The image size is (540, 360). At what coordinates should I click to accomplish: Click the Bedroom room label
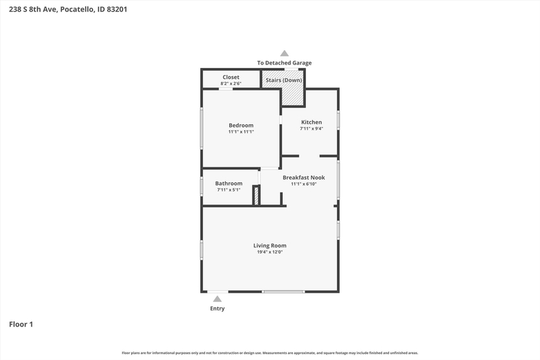click(x=241, y=125)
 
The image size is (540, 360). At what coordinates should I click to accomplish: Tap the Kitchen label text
click(x=312, y=122)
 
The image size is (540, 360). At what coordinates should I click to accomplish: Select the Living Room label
click(x=270, y=245)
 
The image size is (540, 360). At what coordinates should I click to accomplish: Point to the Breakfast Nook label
click(x=304, y=178)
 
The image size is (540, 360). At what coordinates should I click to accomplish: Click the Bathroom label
click(x=228, y=184)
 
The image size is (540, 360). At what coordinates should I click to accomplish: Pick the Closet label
click(x=231, y=77)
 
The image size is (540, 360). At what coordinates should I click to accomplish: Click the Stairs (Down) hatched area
click(x=283, y=87)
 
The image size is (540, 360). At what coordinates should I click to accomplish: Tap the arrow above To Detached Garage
click(x=284, y=53)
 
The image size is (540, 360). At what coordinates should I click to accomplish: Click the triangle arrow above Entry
click(x=217, y=299)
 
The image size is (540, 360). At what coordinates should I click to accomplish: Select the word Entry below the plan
click(x=218, y=309)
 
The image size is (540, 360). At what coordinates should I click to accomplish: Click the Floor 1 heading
click(x=21, y=324)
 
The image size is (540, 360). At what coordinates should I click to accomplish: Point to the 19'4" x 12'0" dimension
click(x=270, y=252)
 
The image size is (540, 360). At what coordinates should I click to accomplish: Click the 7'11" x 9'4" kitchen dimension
click(x=312, y=129)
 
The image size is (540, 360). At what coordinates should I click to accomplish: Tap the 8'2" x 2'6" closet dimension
click(x=231, y=84)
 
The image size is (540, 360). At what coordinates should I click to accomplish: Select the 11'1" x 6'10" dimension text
click(x=304, y=184)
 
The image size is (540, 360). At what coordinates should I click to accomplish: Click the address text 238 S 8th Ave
click(x=33, y=10)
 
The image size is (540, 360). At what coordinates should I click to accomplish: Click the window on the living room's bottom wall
click(x=283, y=292)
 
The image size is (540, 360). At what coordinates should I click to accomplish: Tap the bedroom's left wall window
click(x=202, y=128)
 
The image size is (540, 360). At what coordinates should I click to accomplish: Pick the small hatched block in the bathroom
click(x=256, y=196)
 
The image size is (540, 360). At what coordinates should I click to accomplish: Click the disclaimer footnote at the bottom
click(x=270, y=352)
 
